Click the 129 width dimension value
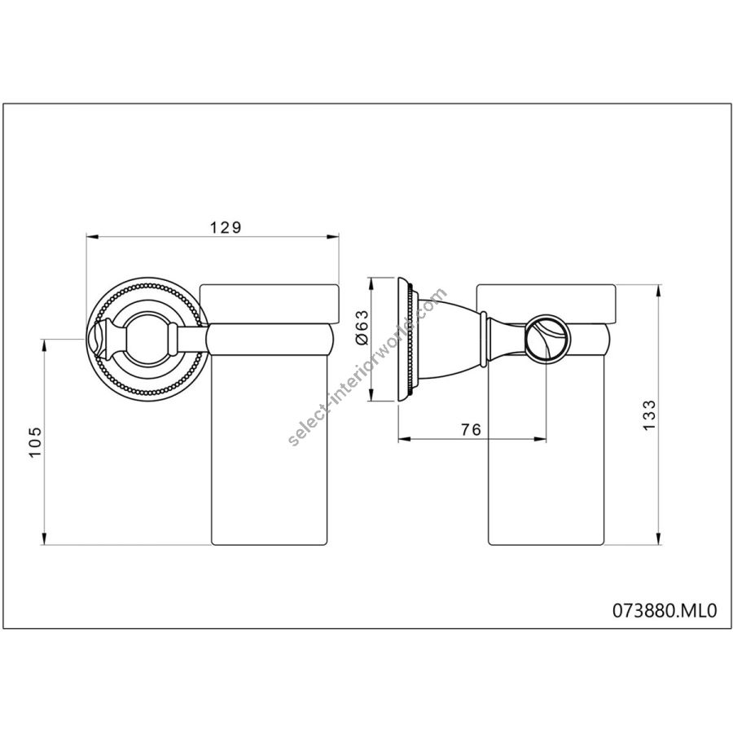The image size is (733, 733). pyautogui.click(x=226, y=228)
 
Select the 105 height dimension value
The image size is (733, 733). pyautogui.click(x=36, y=442)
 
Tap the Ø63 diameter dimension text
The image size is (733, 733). pyautogui.click(x=362, y=327)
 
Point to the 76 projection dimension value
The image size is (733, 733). pyautogui.click(x=471, y=428)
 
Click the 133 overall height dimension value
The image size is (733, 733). pyautogui.click(x=649, y=415)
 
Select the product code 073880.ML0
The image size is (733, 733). pyautogui.click(x=665, y=611)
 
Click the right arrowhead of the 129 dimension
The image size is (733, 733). pyautogui.click(x=333, y=237)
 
